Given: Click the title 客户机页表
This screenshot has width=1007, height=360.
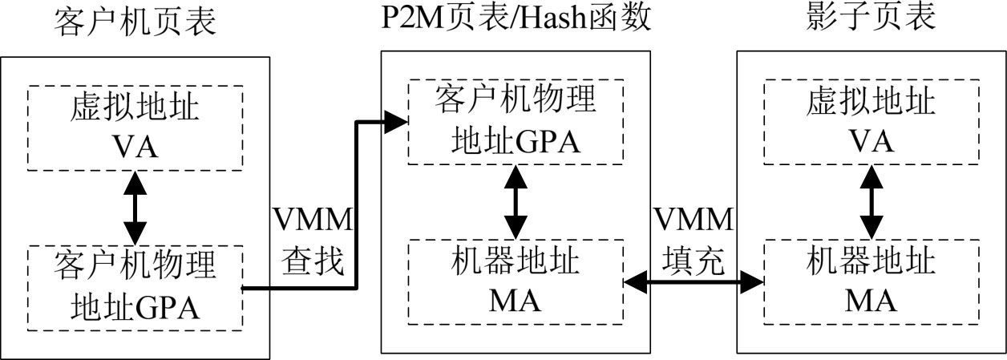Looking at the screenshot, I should click(134, 22).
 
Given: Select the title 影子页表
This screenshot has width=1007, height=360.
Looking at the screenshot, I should click(871, 20).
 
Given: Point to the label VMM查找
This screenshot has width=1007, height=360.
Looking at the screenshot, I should click(313, 241).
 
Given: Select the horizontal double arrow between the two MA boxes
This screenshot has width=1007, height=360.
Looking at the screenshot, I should click(693, 280).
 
